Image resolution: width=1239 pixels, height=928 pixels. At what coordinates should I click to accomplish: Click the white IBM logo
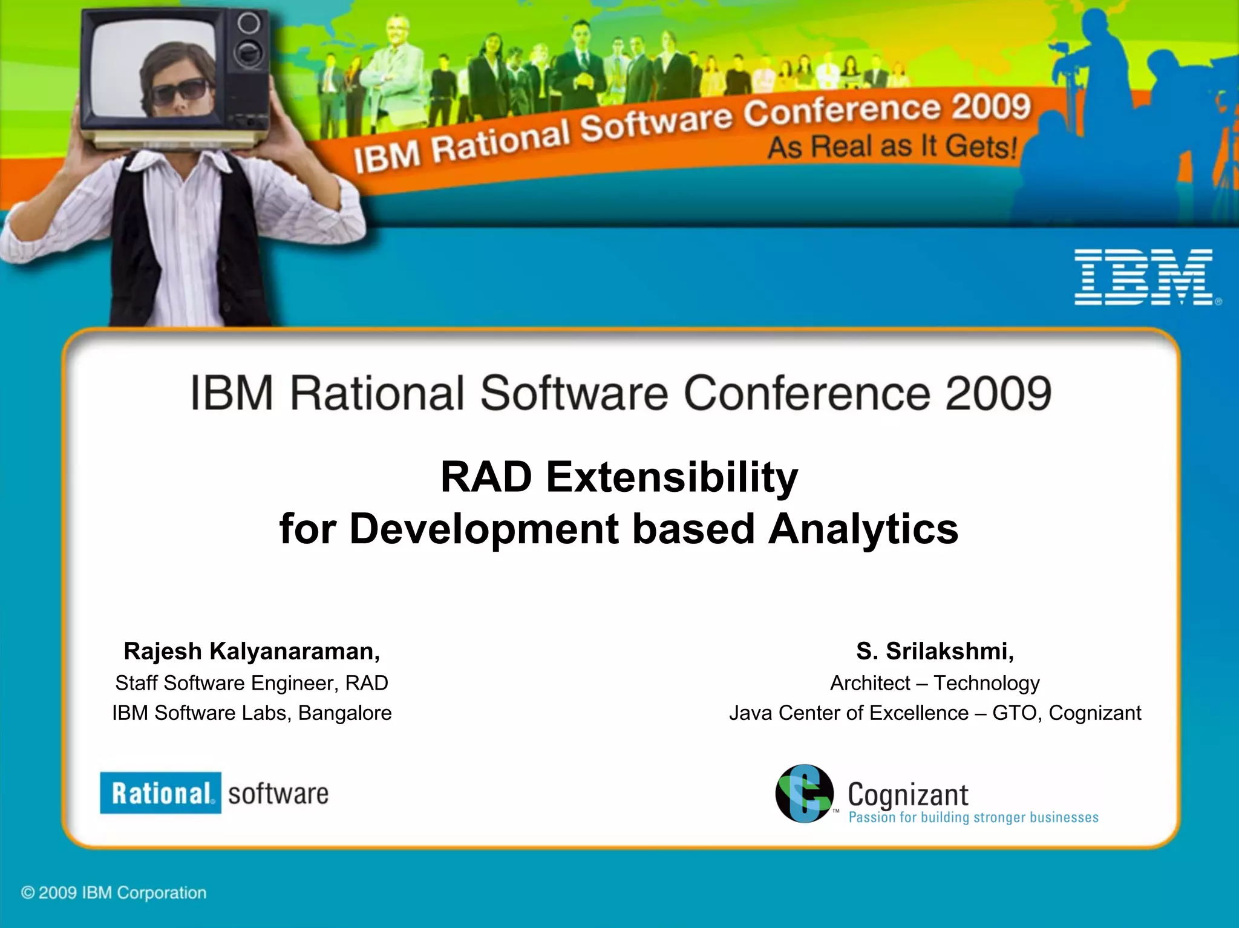1143,277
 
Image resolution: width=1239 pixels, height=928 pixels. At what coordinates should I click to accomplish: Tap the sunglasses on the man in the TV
179,90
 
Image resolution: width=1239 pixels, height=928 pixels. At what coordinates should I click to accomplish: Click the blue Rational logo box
160,792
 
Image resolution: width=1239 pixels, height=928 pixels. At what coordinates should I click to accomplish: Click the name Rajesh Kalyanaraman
251,651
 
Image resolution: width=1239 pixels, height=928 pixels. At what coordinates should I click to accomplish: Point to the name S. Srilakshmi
935,651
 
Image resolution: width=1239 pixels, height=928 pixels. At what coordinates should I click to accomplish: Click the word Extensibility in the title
672,477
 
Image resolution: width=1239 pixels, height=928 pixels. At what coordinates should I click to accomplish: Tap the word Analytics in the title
863,529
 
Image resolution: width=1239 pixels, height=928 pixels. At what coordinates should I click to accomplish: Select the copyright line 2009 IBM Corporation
114,892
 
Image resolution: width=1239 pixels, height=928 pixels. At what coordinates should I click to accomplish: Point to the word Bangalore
345,713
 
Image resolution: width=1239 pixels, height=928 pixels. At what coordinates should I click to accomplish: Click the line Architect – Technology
935,682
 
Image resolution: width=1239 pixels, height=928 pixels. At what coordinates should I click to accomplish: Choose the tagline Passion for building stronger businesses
973,817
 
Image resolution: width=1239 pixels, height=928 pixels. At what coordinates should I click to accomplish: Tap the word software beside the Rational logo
278,793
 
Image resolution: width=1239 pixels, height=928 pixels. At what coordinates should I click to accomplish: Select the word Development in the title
484,529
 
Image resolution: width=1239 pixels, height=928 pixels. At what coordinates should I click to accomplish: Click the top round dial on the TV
249,23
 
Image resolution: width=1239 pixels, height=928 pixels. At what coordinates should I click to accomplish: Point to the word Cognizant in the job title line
1094,713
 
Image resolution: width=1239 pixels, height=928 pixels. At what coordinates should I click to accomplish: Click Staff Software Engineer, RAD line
251,682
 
